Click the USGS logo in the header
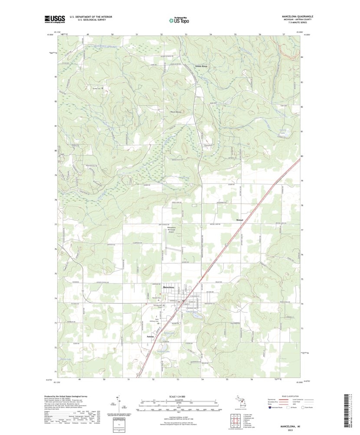(x=54, y=19)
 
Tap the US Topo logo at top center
(x=179, y=20)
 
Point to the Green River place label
(x=201, y=66)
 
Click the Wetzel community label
(x=241, y=220)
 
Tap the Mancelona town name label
(x=168, y=288)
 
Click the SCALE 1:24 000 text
(x=178, y=396)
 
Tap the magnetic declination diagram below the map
(x=118, y=403)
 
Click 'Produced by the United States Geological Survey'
(x=69, y=396)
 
